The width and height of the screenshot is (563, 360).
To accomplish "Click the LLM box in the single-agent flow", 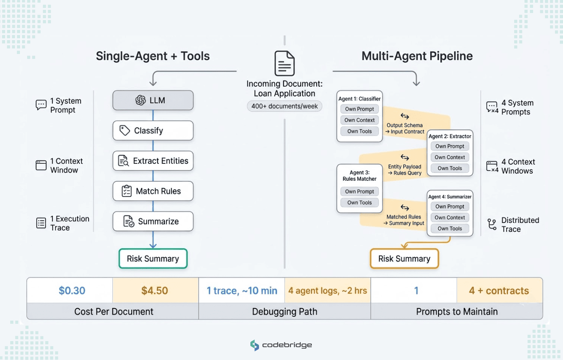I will (153, 100).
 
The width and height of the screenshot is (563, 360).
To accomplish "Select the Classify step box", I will (153, 131).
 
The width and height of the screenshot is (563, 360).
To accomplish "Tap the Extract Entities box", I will (153, 161).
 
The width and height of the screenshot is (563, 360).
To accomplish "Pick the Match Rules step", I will (153, 191).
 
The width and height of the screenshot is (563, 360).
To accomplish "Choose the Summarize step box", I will (153, 221).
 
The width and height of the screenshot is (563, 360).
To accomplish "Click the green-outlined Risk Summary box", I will (153, 259).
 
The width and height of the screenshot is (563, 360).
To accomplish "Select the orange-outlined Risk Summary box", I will (404, 259).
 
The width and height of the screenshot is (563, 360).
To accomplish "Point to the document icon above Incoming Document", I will (284, 63).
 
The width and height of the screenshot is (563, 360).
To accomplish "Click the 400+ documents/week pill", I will (284, 106).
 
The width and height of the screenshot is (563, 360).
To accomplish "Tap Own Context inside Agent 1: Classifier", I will (359, 120).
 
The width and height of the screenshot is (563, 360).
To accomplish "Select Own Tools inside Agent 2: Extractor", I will (450, 168).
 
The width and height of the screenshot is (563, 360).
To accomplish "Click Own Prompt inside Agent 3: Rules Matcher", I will (359, 191).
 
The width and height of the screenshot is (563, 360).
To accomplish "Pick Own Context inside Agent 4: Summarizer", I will (450, 217).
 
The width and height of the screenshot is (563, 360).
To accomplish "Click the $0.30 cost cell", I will (72, 291).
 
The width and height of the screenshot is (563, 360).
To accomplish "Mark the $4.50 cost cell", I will (155, 291).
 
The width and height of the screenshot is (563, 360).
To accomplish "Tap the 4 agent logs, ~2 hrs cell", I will (327, 291).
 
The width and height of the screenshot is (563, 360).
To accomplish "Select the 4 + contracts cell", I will (499, 291).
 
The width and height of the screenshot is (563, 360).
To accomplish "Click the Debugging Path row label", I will (284, 312).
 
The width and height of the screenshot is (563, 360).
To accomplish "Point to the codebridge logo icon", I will (255, 345).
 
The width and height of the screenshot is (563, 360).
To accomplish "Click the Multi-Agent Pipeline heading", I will (417, 56).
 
